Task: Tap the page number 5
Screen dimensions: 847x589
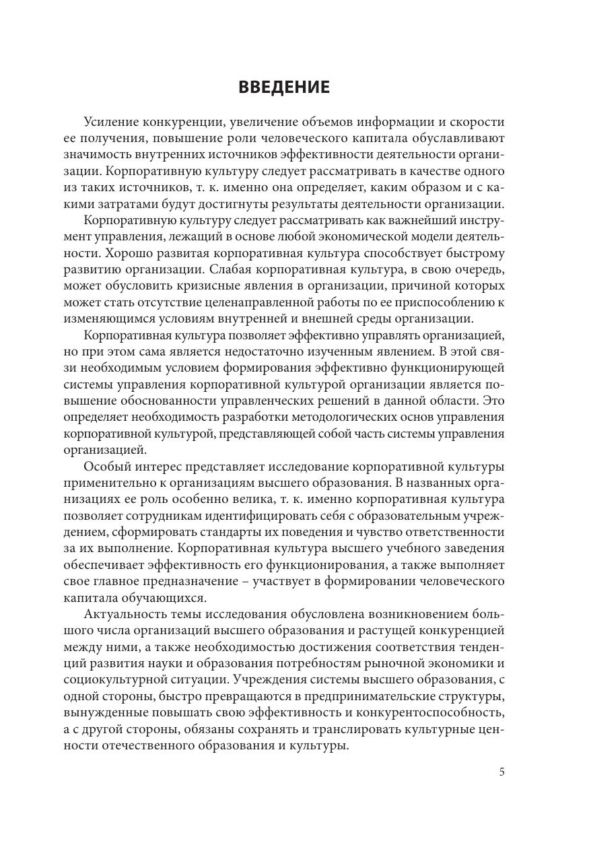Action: (x=501, y=772)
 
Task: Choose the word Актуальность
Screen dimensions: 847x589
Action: (x=125, y=615)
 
